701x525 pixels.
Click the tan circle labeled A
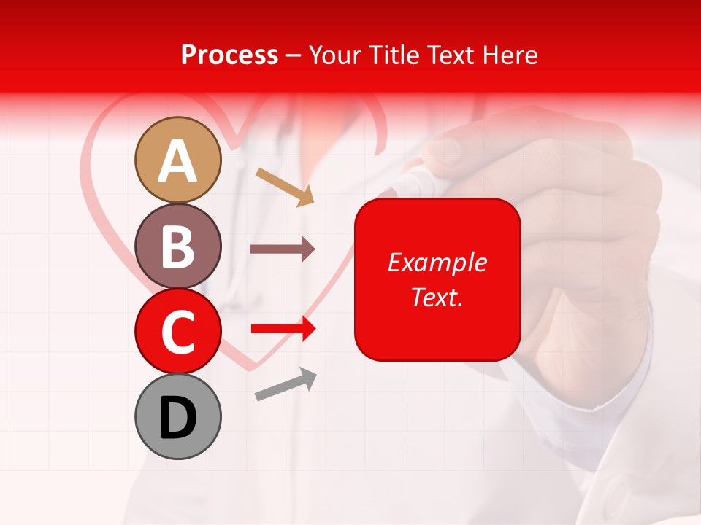(177, 160)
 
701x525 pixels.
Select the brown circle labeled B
(177, 246)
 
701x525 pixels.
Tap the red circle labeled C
(177, 331)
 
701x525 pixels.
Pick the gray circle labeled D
(177, 416)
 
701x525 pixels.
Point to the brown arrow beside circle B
(283, 249)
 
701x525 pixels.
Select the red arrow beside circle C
(283, 329)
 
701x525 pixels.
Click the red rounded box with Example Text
(437, 279)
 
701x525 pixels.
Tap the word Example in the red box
(437, 262)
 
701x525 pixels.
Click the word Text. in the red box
(437, 297)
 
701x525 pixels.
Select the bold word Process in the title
(229, 55)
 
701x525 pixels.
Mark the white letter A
(177, 161)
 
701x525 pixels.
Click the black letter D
(177, 418)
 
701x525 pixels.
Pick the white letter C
(177, 332)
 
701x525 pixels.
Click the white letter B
(177, 246)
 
